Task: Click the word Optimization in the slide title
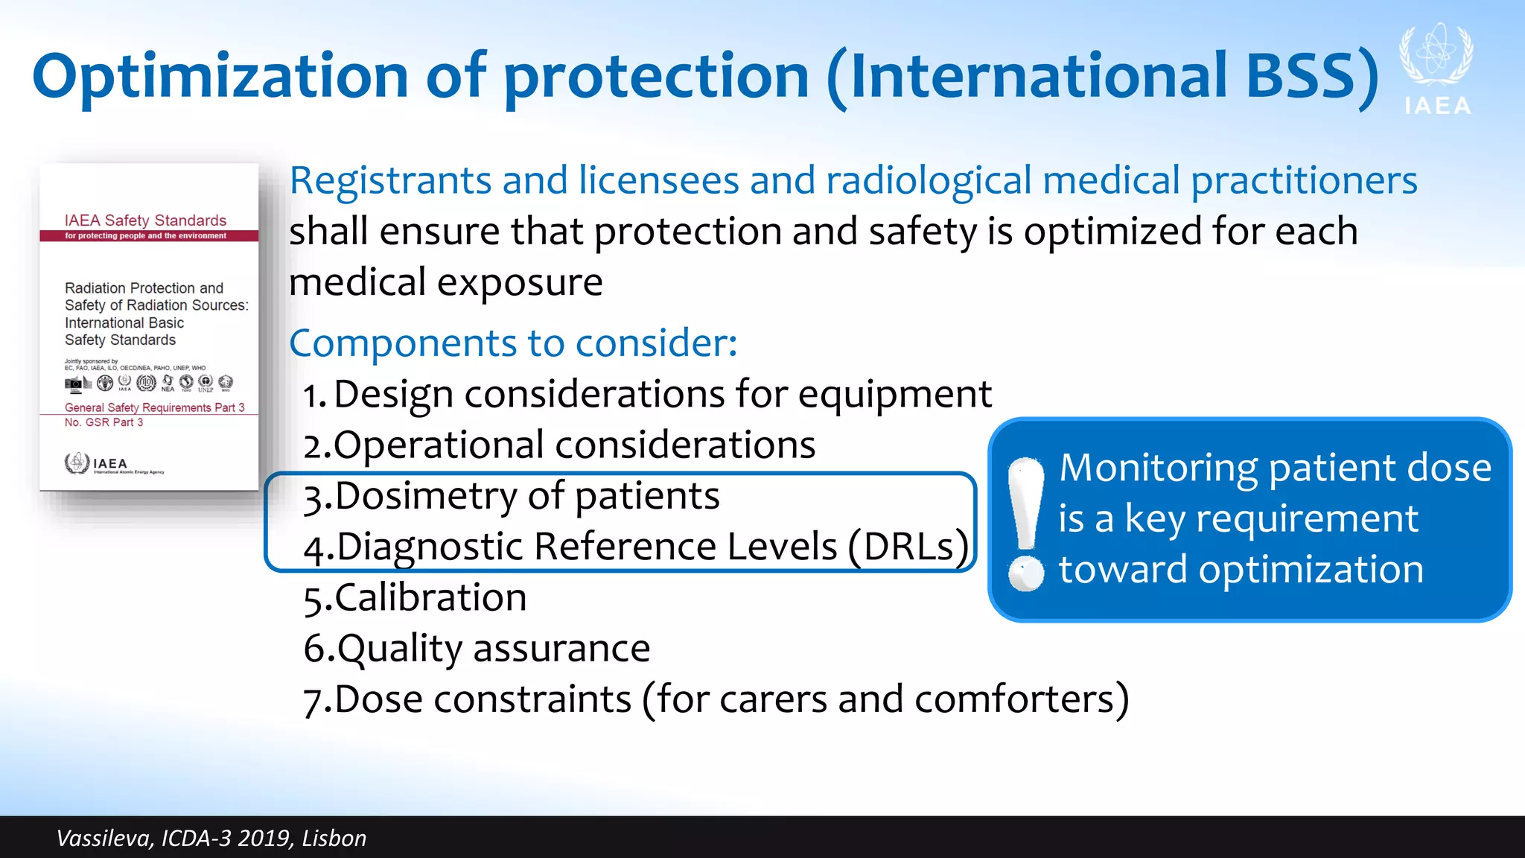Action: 220,77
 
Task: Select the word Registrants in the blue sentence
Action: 389,181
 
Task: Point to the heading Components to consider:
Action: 513,343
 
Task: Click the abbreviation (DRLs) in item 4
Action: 908,547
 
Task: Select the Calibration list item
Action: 416,598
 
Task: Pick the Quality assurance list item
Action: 477,649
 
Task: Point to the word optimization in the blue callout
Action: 1311,570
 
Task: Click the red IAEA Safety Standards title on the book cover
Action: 145,220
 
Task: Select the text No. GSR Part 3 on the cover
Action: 104,422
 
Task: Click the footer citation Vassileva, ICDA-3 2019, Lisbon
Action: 211,839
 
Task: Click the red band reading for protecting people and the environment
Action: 146,236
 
